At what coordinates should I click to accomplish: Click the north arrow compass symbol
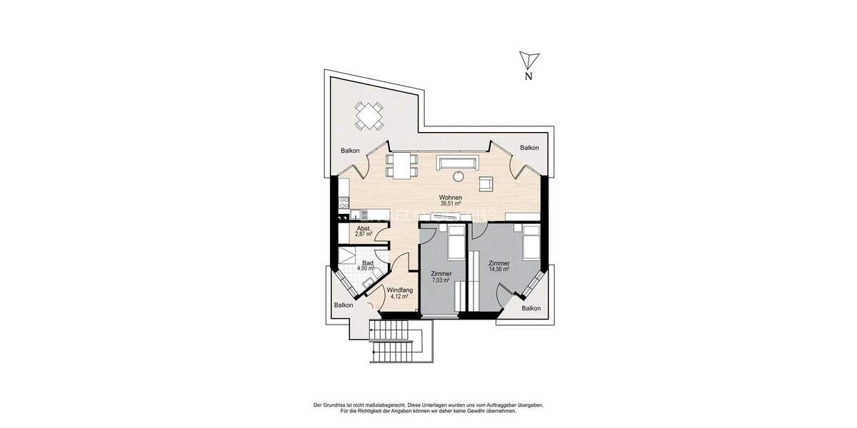[528, 61]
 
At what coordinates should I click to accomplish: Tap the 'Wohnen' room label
[450, 198]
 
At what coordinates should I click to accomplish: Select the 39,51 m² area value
[450, 204]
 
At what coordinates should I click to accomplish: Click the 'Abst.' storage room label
[364, 228]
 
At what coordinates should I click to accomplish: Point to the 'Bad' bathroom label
[366, 263]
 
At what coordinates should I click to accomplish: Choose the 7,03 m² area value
[441, 280]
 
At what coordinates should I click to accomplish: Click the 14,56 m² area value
[498, 269]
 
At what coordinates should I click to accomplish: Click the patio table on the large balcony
[369, 115]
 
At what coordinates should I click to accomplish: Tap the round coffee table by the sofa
[459, 176]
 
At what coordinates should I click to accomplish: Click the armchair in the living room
[486, 183]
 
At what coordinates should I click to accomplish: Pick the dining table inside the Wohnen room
[403, 165]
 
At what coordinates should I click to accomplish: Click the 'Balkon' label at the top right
[529, 148]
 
